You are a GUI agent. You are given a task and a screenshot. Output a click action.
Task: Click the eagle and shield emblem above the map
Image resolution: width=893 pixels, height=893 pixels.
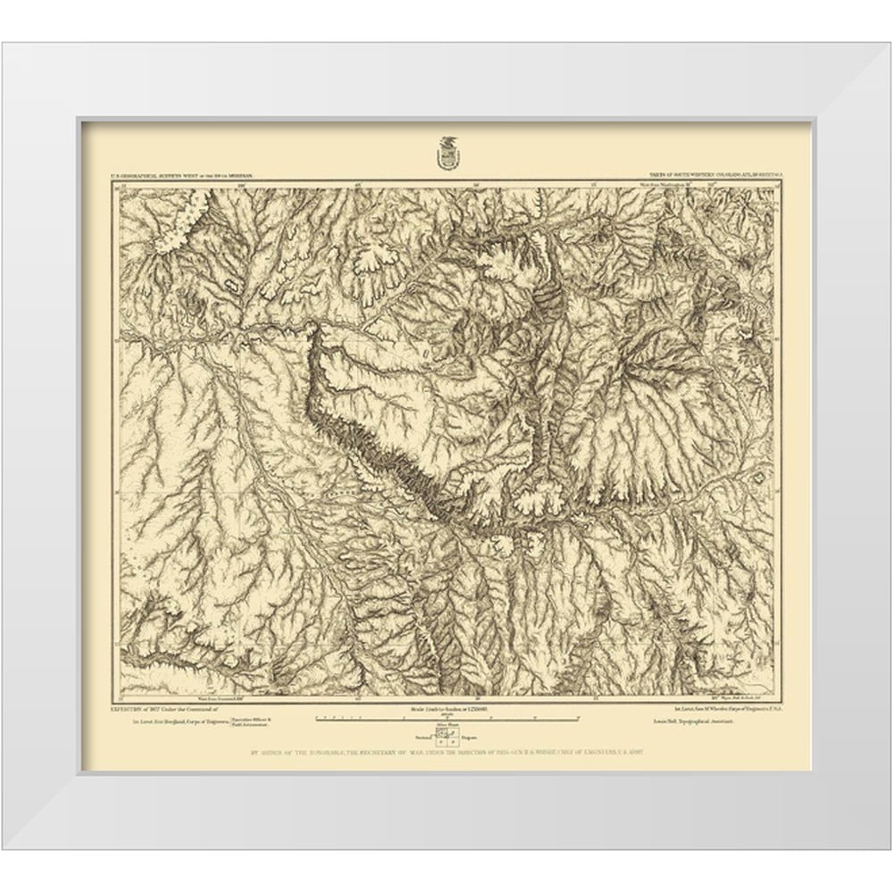pyautogui.click(x=446, y=153)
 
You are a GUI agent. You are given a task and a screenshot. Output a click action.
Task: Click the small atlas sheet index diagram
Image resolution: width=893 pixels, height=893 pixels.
pyautogui.click(x=445, y=736)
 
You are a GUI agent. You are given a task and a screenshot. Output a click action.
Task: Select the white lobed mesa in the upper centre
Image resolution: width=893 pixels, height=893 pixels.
pyautogui.click(x=380, y=260)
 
